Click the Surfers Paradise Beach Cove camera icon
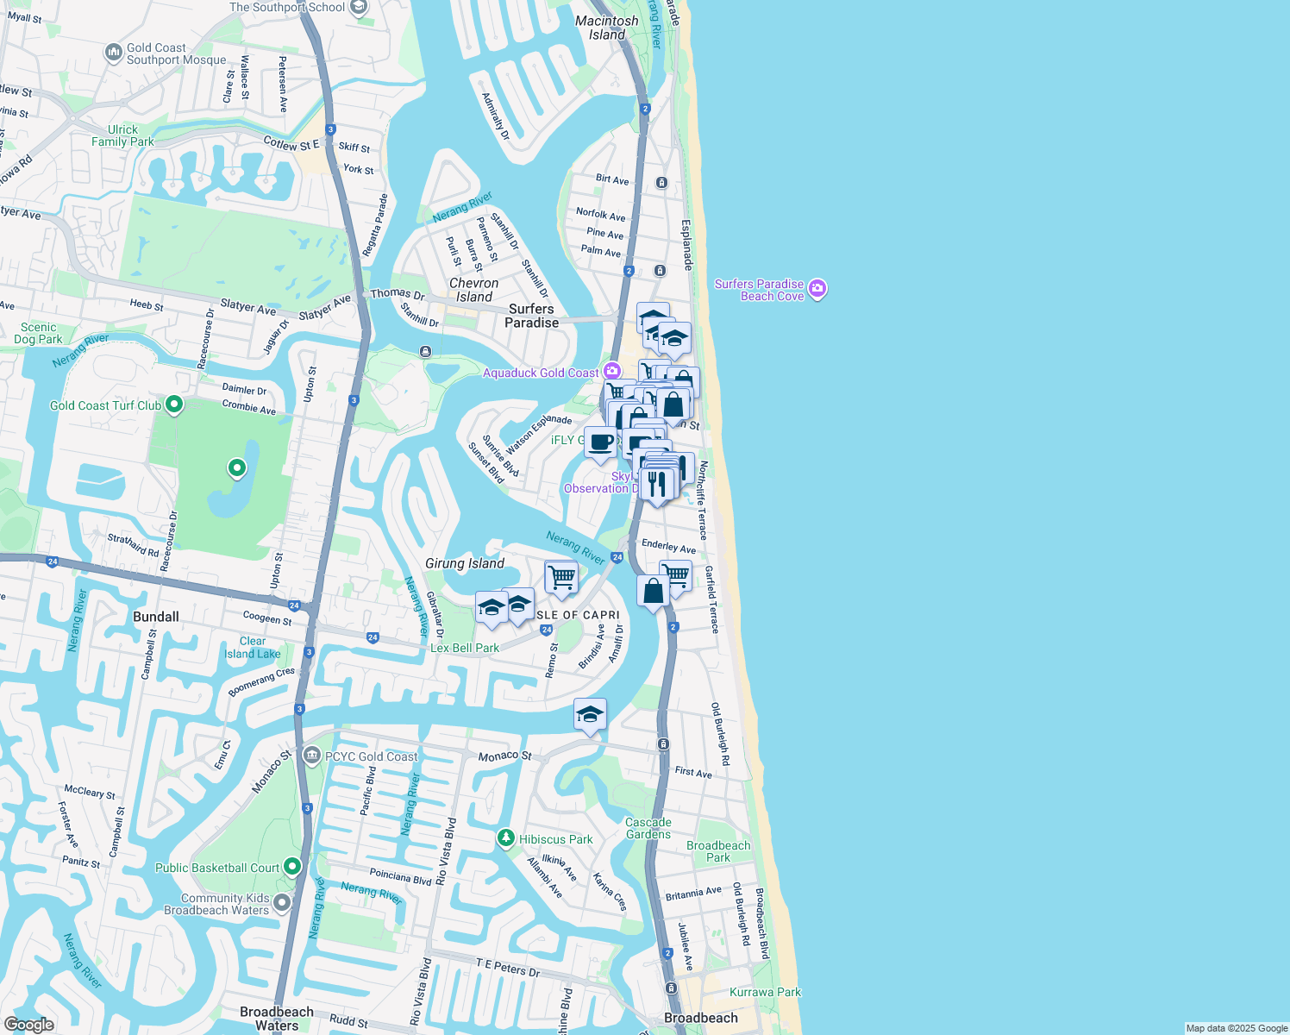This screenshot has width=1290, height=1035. (817, 289)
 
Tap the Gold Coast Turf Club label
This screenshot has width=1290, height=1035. (105, 405)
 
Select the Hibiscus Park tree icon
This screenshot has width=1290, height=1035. (505, 837)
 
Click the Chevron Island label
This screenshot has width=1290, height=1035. (473, 290)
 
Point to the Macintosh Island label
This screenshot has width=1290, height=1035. (607, 28)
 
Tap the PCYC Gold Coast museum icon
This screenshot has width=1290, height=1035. (312, 756)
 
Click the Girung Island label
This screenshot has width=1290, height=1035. (465, 563)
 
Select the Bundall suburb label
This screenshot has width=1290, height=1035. (156, 617)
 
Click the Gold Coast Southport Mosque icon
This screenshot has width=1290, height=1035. (114, 53)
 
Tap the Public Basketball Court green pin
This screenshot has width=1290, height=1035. (292, 866)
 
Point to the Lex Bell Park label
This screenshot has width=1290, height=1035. (465, 648)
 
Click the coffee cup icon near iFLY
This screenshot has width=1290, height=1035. (600, 442)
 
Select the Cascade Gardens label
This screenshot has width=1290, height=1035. (648, 828)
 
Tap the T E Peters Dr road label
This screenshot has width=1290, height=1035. (508, 967)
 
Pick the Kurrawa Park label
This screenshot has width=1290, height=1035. (765, 992)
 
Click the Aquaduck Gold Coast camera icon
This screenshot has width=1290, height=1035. (611, 372)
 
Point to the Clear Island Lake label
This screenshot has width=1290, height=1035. (253, 648)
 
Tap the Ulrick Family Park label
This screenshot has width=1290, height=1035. (122, 135)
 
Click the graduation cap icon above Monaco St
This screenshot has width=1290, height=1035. (590, 714)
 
